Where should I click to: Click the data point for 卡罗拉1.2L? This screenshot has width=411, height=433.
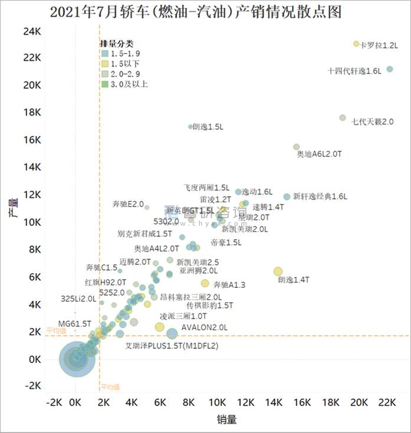pos(356,44)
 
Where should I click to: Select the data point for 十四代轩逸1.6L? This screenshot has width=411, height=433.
pos(389,69)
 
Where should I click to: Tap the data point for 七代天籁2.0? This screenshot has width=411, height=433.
pos(343,118)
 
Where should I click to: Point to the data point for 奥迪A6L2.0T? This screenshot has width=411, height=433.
pos(297,147)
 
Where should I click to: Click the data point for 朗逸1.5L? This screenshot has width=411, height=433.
pos(190,126)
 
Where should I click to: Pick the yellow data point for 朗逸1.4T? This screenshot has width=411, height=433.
pos(278,271)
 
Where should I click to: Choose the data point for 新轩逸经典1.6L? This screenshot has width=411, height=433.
pos(287,196)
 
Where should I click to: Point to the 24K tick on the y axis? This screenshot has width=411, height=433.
pos(32,30)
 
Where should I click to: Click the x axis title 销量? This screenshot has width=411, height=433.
pos(227,419)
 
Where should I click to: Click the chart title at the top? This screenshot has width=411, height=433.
pos(195,12)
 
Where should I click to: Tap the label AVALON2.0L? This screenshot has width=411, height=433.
pos(204,327)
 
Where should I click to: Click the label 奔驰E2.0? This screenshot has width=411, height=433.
pos(128,204)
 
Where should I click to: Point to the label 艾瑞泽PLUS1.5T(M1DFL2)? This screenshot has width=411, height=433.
pos(172,346)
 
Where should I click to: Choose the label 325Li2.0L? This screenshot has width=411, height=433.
pos(78,299)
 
